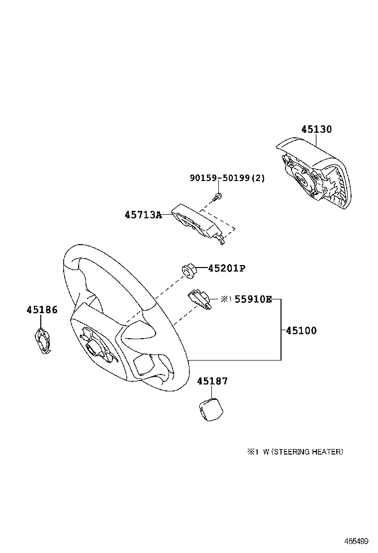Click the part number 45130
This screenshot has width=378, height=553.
[x=316, y=129]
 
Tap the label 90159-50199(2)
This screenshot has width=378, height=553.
[x=227, y=178]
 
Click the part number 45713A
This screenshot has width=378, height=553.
[x=143, y=215]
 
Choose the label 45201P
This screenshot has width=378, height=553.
[x=226, y=269]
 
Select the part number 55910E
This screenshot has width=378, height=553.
[x=253, y=299]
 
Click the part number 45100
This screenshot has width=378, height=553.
[x=301, y=330]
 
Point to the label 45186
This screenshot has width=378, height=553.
[x=42, y=310]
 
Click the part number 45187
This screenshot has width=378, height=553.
[x=212, y=381]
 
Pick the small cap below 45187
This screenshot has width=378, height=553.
[x=209, y=408]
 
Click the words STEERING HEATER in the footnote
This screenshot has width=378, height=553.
[x=306, y=452]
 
